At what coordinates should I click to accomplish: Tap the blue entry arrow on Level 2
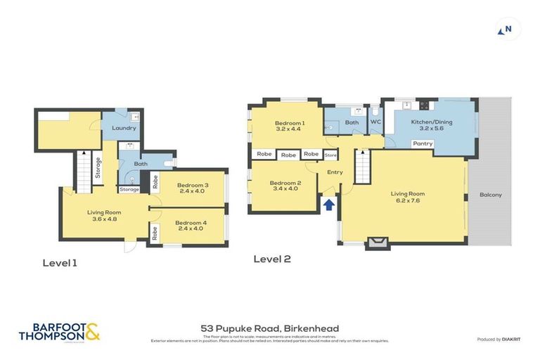[x=328, y=205]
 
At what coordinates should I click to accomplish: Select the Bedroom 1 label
[x=288, y=124]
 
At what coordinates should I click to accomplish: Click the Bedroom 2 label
[x=285, y=186]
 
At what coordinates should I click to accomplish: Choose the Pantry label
[x=423, y=143]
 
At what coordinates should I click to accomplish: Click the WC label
[x=375, y=122]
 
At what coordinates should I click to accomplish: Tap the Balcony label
[x=490, y=195]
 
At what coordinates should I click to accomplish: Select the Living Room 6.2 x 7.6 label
[x=408, y=197]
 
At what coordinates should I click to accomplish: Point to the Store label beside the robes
[x=330, y=154]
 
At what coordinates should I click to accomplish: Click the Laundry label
[x=124, y=128]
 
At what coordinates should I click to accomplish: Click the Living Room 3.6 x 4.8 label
[x=104, y=215]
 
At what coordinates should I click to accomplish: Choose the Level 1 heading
[x=60, y=263]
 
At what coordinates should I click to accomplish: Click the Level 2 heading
[x=272, y=259]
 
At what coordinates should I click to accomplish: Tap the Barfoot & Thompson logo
[x=59, y=331]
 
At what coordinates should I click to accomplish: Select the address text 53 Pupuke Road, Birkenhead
[x=270, y=328]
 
